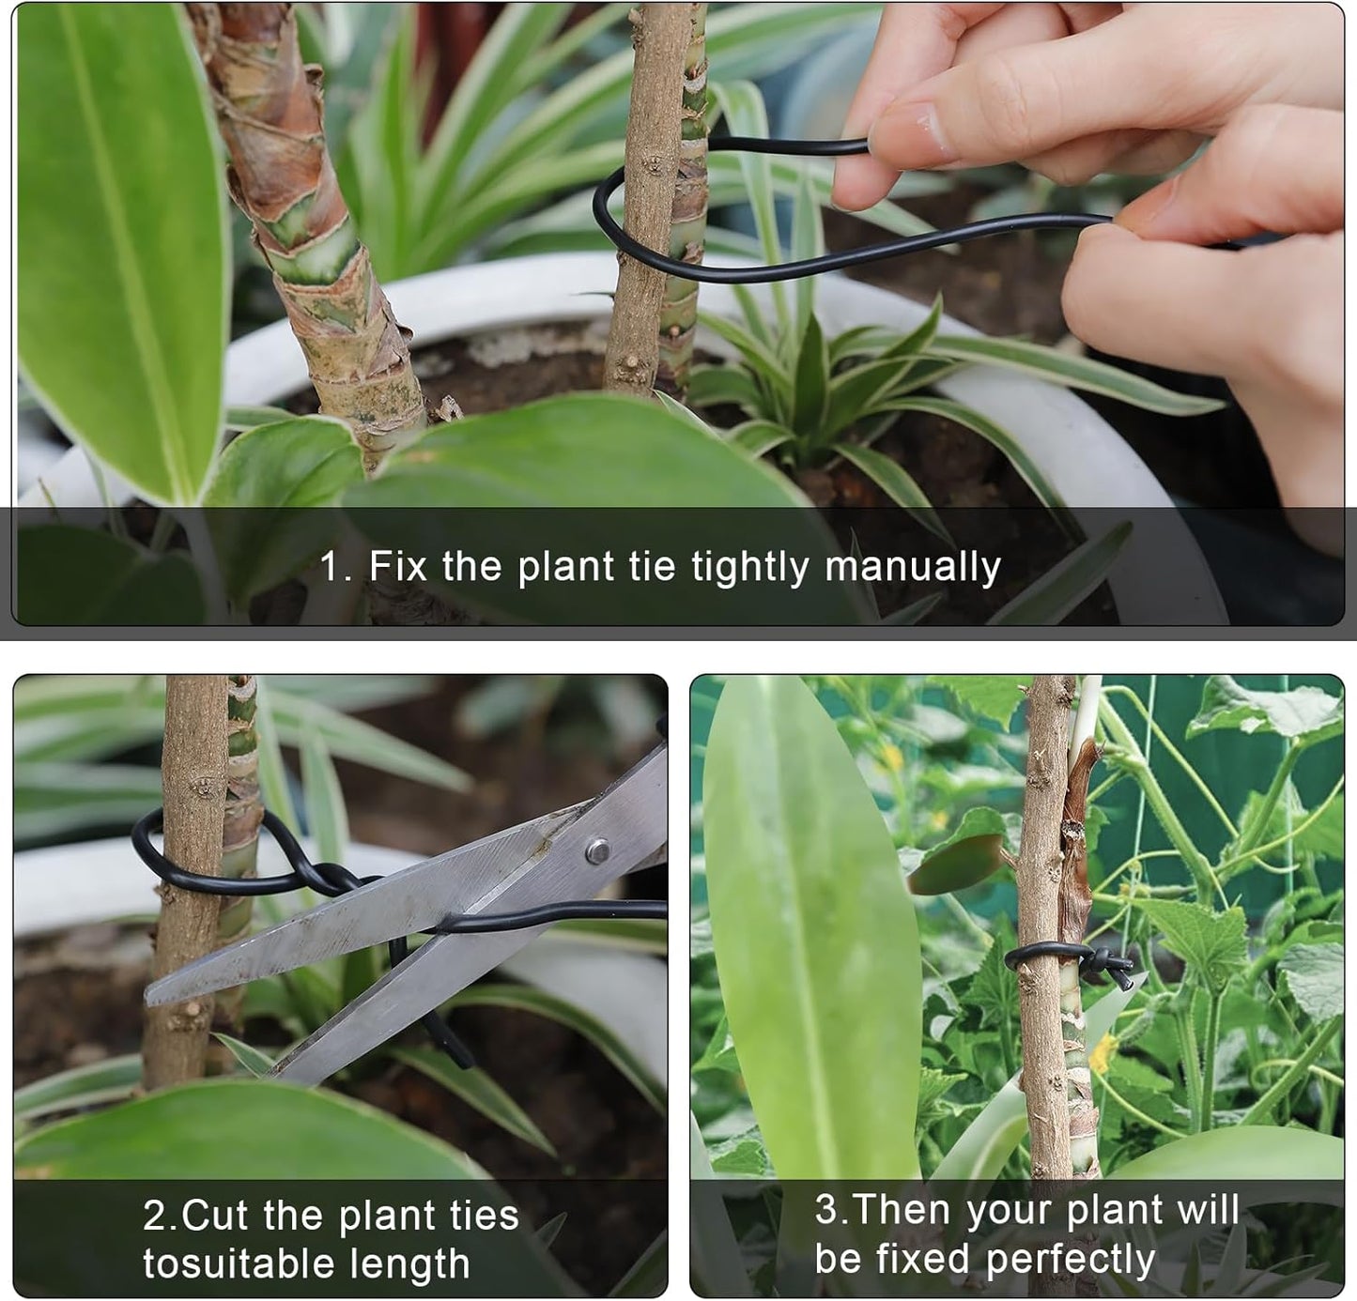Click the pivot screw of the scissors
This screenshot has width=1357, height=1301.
(x=595, y=851)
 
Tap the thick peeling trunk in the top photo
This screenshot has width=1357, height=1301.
(x=301, y=235)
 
